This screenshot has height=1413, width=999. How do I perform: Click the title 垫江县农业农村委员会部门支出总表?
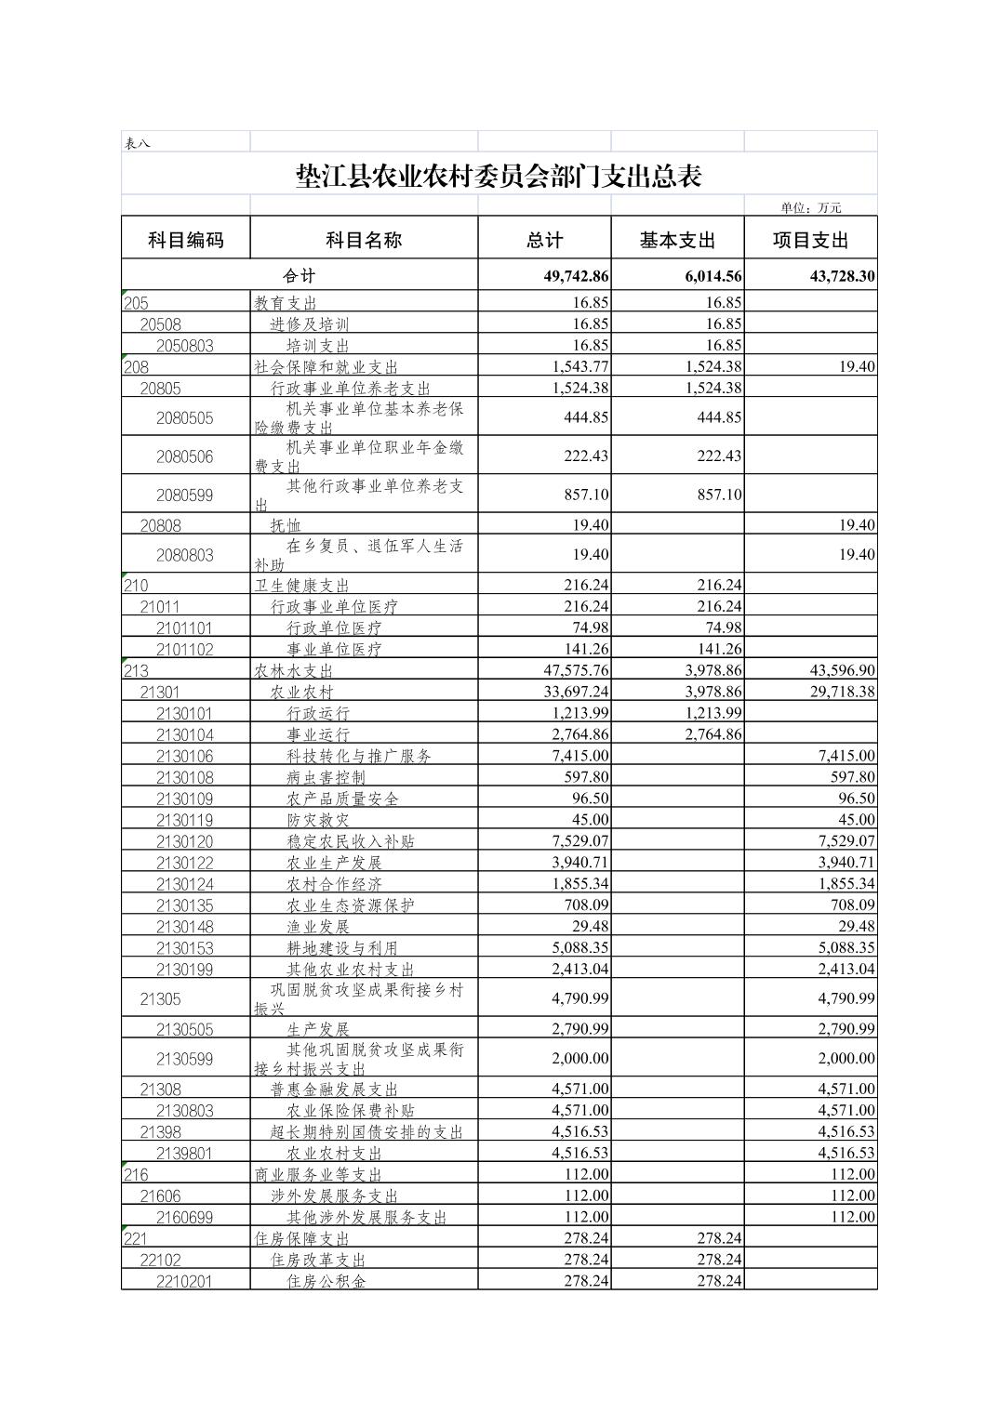pyautogui.click(x=499, y=176)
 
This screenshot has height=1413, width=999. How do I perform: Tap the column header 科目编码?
pyautogui.click(x=186, y=240)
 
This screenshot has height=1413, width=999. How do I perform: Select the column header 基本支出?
pyautogui.click(x=677, y=240)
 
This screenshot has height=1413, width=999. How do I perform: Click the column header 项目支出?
pyautogui.click(x=811, y=240)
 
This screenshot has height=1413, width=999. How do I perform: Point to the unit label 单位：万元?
pyautogui.click(x=811, y=207)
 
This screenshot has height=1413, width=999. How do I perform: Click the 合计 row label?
pyautogui.click(x=300, y=275)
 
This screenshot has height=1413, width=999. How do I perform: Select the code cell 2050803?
pyautogui.click(x=185, y=346)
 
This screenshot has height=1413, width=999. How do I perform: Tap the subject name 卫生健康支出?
pyautogui.click(x=302, y=586)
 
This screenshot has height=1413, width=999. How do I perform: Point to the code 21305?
pyautogui.click(x=161, y=999)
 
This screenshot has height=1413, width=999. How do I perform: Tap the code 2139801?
pyautogui.click(x=185, y=1154)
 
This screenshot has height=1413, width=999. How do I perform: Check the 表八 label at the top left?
pyautogui.click(x=138, y=142)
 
